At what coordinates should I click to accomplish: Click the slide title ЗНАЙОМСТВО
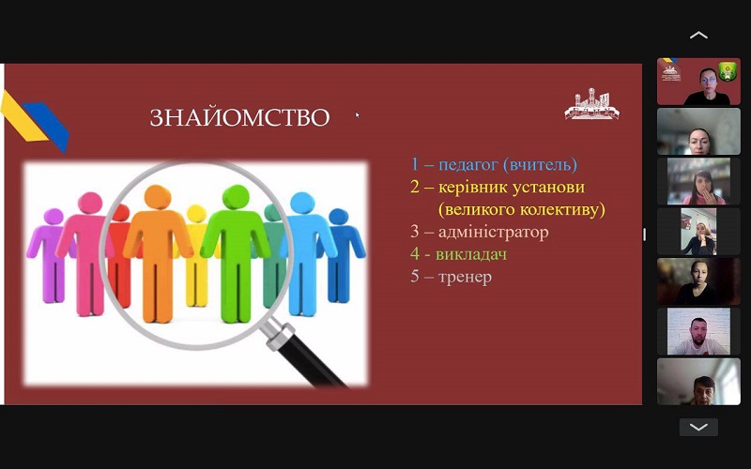coord(240,118)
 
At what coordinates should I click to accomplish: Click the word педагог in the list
coord(468,165)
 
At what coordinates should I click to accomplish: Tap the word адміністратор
coord(494,232)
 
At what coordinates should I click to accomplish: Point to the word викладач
coord(471,254)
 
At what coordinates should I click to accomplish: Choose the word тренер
coord(465,277)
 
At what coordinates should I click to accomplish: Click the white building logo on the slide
coord(591,104)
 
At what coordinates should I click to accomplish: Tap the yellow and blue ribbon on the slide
coord(35,121)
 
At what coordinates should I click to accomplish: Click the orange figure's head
coord(158,197)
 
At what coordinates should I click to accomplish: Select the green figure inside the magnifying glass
coord(236,252)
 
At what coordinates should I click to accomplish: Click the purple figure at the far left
coord(52,254)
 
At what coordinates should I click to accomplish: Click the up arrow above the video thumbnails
coord(698,35)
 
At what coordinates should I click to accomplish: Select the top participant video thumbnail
coord(698,82)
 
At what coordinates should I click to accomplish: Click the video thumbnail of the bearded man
coord(698,331)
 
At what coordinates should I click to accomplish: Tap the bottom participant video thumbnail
coord(698,382)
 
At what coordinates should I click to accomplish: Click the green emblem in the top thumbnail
coord(728,72)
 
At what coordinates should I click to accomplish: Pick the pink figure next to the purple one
coord(86,253)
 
